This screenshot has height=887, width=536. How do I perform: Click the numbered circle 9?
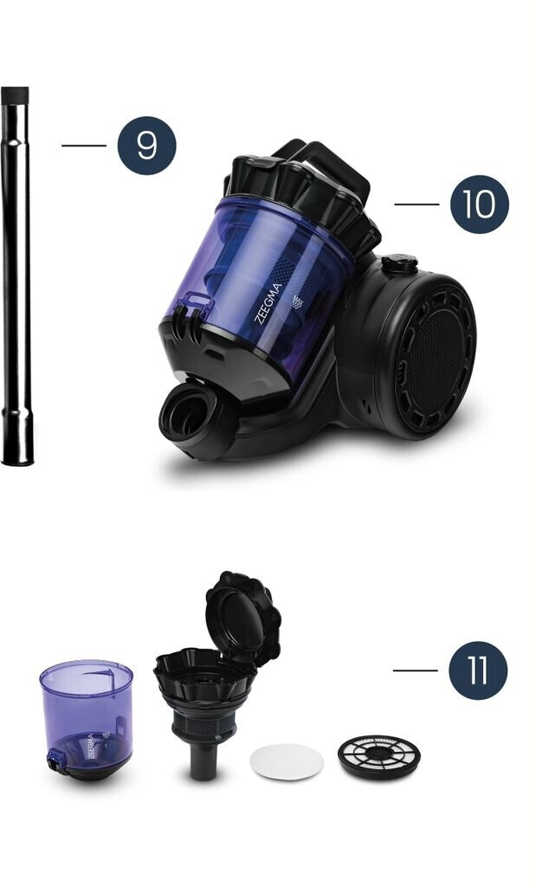(x=146, y=146)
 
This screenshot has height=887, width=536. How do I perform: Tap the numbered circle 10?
(x=480, y=204)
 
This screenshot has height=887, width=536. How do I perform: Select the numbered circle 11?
(x=478, y=670)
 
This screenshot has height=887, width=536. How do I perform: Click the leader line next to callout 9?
(x=84, y=146)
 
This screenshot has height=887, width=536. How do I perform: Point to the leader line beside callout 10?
(x=417, y=204)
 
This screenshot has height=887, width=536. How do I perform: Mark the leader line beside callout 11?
(x=416, y=670)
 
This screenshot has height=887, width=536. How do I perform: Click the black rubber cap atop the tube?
(x=15, y=94)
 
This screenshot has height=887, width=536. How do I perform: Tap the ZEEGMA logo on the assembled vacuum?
(x=268, y=303)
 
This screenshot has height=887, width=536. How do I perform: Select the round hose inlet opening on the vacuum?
(x=185, y=415)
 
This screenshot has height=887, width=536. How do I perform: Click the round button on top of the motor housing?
(x=399, y=263)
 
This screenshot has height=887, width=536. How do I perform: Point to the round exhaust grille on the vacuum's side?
(x=434, y=360)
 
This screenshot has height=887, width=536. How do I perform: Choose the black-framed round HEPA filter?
(x=378, y=755)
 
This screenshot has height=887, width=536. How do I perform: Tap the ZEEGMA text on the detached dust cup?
(x=90, y=747)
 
